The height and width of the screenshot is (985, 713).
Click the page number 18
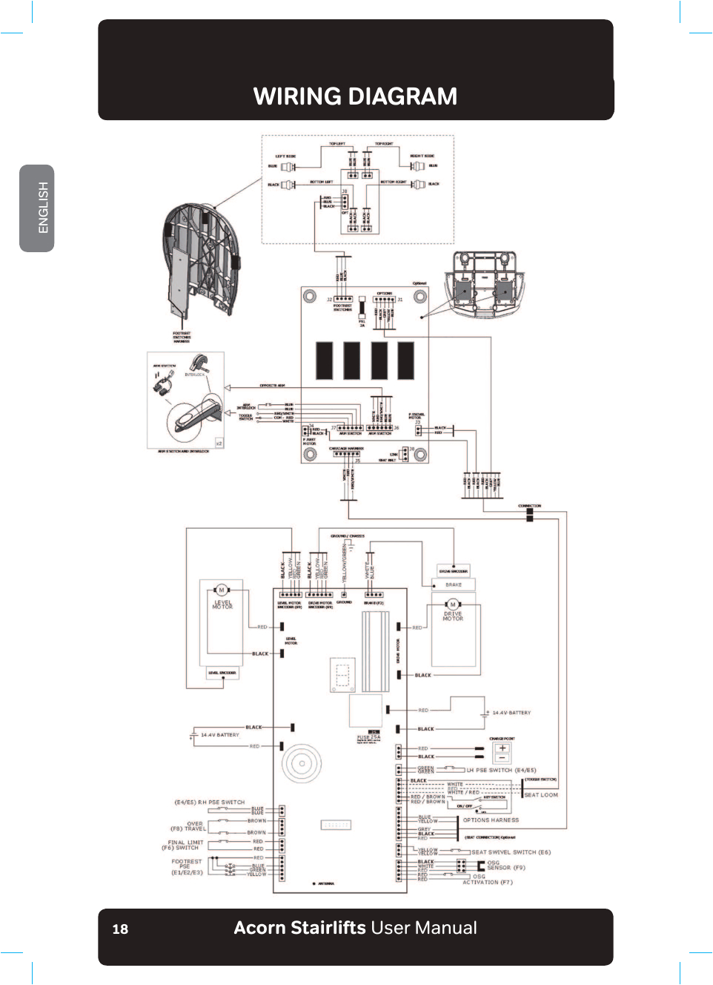120,929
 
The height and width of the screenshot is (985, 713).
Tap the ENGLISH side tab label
43,208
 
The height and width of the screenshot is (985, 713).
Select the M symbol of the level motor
222,590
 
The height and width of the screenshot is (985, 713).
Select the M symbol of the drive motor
453,604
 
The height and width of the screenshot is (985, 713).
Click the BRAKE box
454,584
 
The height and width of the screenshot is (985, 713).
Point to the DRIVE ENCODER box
454,571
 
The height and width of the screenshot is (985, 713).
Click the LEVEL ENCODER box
222,673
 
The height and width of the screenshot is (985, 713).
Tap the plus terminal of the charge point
503,748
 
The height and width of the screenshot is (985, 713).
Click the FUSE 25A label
368,737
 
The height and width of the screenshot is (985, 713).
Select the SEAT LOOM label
541,795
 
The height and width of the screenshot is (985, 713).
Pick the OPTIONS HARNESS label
491,820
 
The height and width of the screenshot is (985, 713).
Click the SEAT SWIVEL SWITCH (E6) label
511,852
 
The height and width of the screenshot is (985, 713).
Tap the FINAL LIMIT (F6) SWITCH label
185,845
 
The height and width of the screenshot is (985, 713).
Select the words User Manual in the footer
424,928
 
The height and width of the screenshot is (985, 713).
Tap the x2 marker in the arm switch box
219,443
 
